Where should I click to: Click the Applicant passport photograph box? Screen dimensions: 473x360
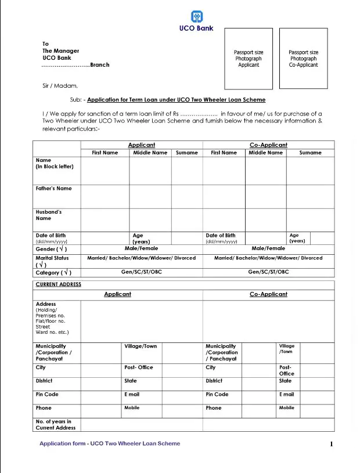(x=249, y=59)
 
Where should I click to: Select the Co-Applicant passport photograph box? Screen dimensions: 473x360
(x=303, y=59)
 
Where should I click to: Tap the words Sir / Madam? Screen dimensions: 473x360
(x=56, y=86)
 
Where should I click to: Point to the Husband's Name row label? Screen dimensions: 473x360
(x=49, y=215)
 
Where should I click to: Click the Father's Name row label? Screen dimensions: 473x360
(x=54, y=189)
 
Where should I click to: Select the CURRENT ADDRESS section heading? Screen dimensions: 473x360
(x=58, y=285)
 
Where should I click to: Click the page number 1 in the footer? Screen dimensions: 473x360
(x=331, y=445)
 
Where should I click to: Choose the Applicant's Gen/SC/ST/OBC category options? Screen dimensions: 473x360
(x=141, y=272)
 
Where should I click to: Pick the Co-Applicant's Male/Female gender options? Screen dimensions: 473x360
(x=268, y=248)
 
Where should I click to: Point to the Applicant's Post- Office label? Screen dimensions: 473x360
(x=139, y=367)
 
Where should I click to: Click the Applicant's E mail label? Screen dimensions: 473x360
(x=132, y=395)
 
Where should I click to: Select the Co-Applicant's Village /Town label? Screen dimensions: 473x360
(x=286, y=349)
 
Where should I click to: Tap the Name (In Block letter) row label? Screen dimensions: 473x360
(x=55, y=164)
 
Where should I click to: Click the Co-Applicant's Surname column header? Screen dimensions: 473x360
(x=310, y=153)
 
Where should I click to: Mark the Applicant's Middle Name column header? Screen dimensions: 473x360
(x=150, y=153)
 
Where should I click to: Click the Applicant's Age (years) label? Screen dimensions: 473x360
(x=142, y=239)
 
